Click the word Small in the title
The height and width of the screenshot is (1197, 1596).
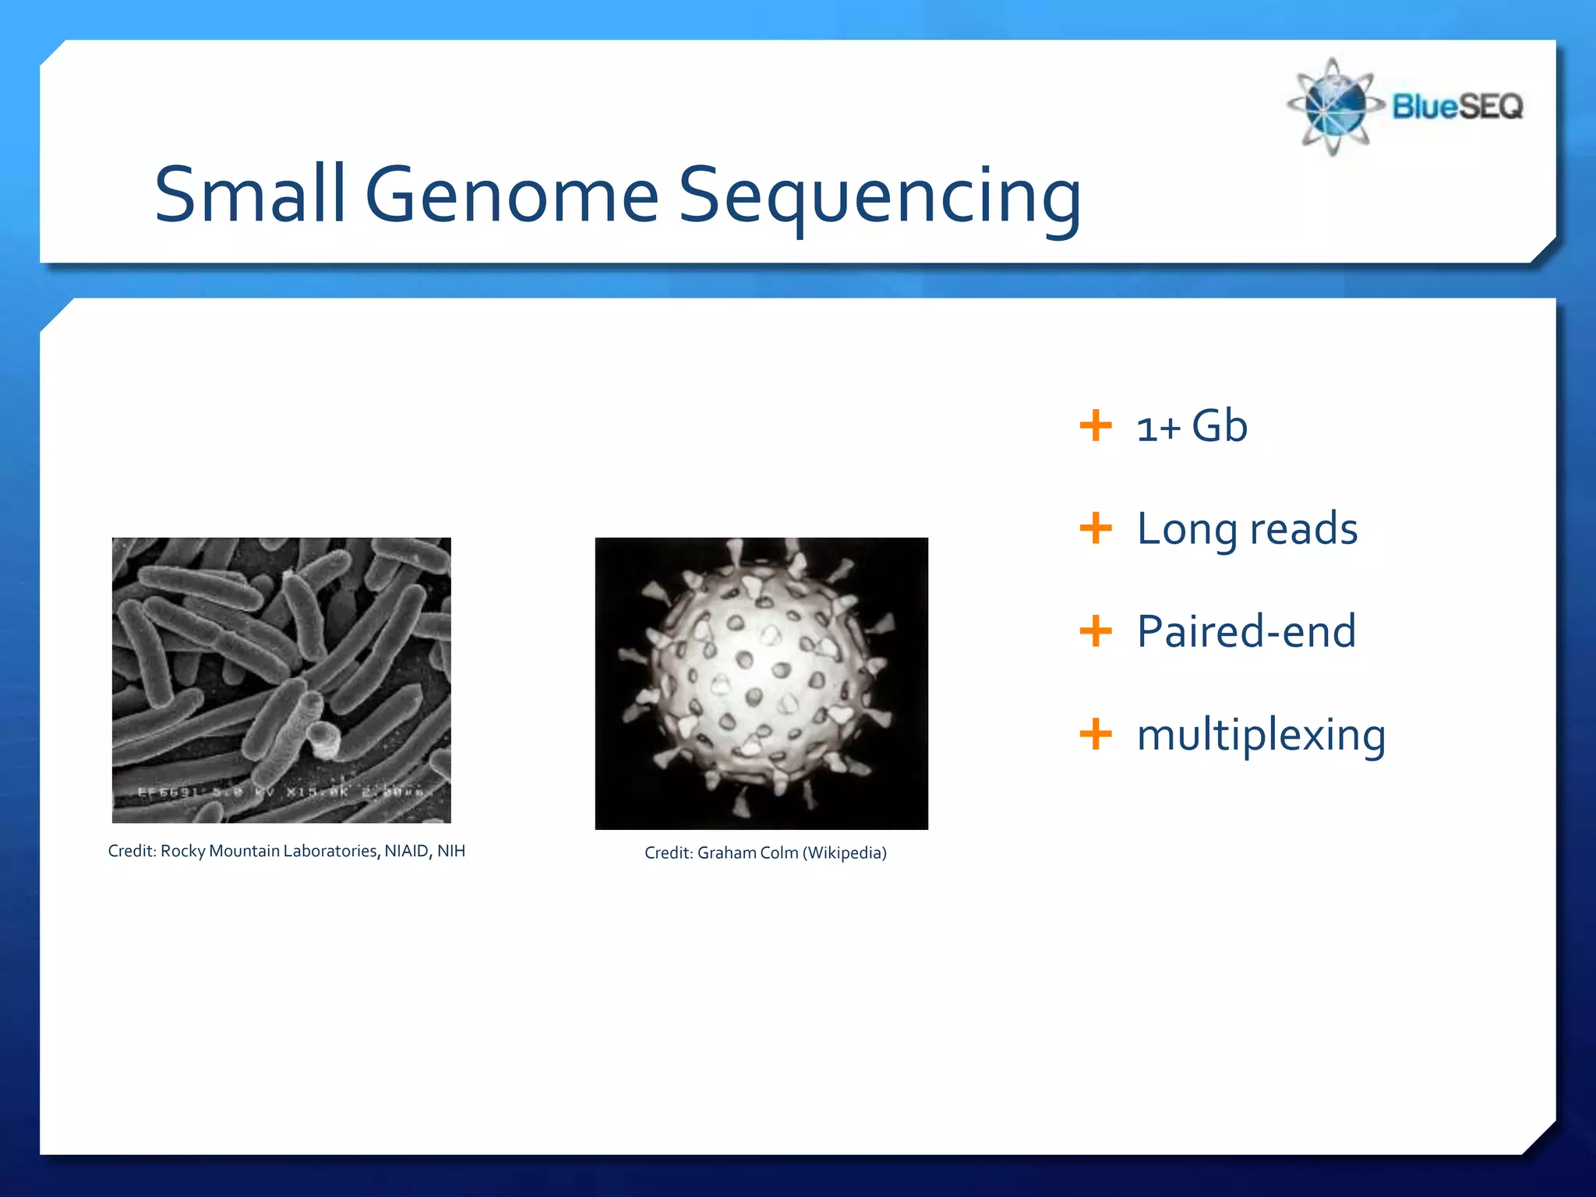(249, 194)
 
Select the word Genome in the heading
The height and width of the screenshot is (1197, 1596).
(512, 194)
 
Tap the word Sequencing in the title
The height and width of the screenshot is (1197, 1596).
(880, 196)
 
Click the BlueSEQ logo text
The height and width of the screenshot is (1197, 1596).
(1457, 106)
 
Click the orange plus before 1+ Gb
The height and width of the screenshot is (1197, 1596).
(1095, 425)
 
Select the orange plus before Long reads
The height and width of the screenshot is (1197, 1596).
(1095, 528)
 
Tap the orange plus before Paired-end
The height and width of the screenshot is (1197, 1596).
(1095, 630)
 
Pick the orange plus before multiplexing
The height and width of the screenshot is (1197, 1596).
(1095, 733)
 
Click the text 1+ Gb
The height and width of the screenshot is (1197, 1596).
(1192, 426)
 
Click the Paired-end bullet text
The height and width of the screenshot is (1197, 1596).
(1245, 631)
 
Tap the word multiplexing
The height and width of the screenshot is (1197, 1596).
(1260, 735)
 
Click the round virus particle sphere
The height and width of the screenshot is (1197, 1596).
(761, 681)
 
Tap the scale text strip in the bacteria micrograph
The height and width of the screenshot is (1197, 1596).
(281, 793)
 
